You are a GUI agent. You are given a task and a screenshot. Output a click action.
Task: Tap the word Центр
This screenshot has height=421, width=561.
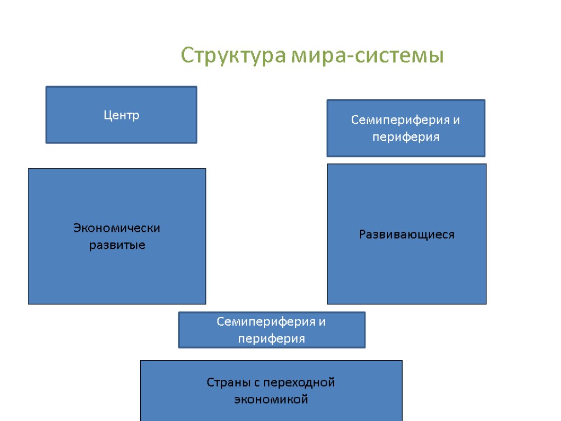(x=122, y=115)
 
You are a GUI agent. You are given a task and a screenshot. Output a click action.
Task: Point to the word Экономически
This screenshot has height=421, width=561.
(x=117, y=228)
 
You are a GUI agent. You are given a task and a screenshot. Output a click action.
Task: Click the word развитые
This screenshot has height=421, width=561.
(x=117, y=245)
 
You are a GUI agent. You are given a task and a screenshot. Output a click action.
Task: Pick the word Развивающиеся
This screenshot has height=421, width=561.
(x=407, y=235)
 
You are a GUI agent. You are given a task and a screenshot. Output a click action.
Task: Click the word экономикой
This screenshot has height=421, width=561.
(x=271, y=400)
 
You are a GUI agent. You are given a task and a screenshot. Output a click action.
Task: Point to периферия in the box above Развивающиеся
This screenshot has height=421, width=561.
(x=406, y=137)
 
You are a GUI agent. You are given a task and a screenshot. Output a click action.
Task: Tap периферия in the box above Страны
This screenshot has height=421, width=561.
(x=271, y=339)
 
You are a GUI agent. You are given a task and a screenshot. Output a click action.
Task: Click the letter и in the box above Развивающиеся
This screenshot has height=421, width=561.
(x=456, y=121)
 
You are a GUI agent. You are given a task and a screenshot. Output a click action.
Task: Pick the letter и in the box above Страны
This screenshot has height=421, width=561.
(x=322, y=322)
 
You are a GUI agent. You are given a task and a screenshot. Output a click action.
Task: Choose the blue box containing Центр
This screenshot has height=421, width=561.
(x=121, y=132)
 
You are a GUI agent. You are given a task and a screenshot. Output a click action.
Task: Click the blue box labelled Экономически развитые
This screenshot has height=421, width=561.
(x=117, y=274)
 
